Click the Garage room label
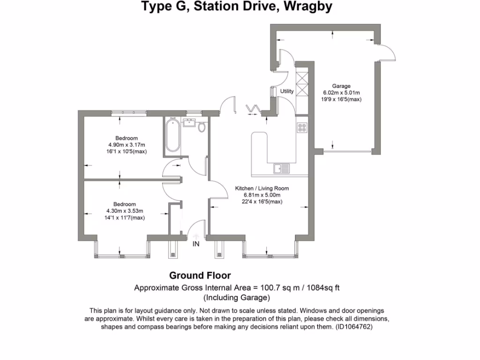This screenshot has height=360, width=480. coord(341,86)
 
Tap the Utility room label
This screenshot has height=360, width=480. coord(287,91)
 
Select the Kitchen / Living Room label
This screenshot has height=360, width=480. coord(262,188)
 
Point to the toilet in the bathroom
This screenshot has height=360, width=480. coord(202,127)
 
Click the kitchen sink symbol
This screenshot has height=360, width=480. coord(282,167)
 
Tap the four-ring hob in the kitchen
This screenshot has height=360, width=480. coord(302,127)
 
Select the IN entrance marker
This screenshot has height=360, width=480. coord(196,244)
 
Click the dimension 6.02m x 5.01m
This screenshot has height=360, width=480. coord(341,93)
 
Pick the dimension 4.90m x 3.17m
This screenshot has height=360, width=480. coord(127,145)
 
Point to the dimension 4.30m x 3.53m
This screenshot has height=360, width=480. coord(125,211)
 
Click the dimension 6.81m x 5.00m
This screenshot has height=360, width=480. coord(262,195)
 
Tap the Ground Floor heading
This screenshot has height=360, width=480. coord(200,276)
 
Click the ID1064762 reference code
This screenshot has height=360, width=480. coord(354,327)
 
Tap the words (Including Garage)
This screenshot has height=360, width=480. coord(237,298)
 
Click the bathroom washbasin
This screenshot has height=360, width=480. coord(190,123)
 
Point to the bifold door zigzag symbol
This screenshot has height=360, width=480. coord(253,109)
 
